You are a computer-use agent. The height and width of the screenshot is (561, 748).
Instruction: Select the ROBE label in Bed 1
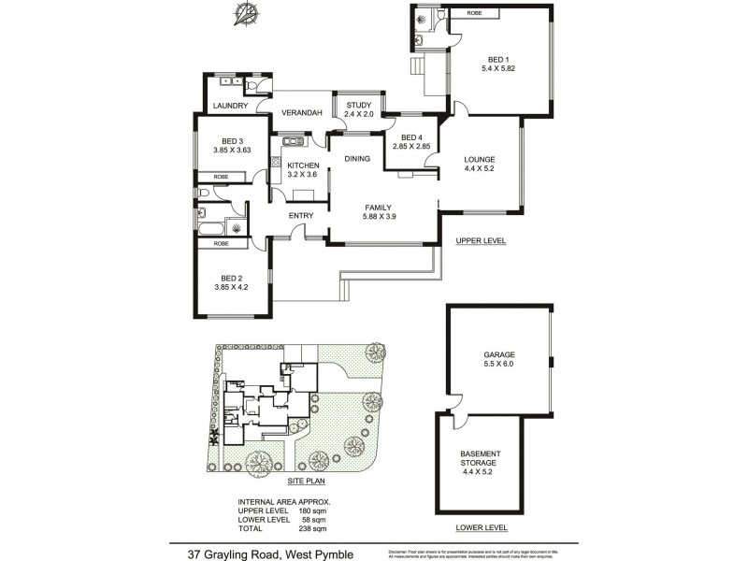coord(473,14)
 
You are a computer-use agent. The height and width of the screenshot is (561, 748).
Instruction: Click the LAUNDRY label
coord(230,106)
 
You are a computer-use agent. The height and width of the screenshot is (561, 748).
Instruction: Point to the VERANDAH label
coord(302,113)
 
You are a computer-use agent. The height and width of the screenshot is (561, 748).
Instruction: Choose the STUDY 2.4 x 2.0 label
coord(359,109)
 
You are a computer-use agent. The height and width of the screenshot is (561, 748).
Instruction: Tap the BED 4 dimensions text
coord(411,146)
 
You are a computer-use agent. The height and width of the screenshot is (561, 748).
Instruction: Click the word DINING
coord(357,159)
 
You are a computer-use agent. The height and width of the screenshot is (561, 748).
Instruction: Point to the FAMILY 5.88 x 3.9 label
coord(378,212)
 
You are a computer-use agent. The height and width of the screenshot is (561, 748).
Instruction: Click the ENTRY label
coord(301,216)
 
